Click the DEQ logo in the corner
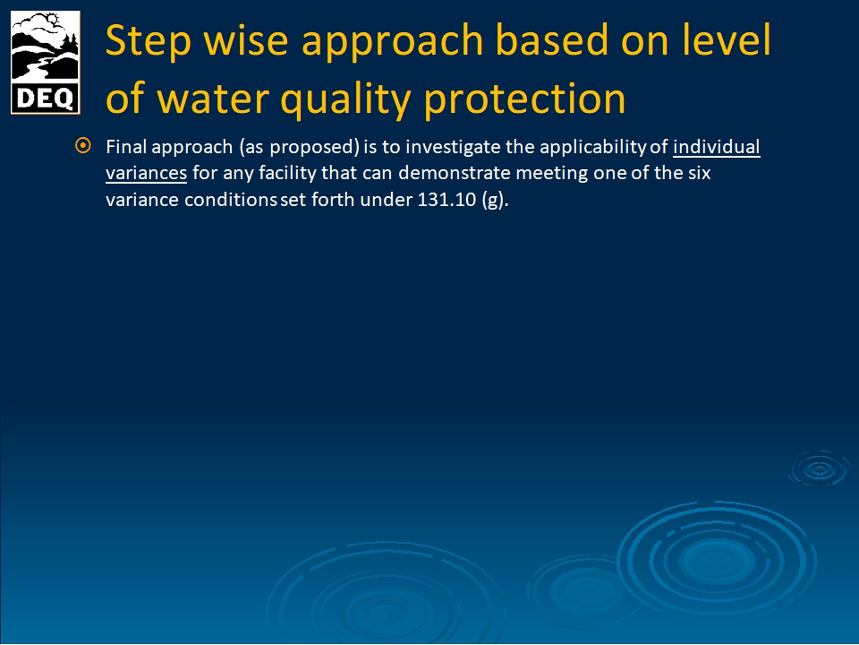coord(46,63)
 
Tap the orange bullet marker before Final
coord(82,146)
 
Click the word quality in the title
coord(345,99)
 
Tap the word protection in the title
coord(525,99)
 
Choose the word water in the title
coord(213,99)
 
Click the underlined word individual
coord(716,147)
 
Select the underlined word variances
coord(146,173)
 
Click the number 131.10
coord(447,200)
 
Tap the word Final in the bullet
coord(126,147)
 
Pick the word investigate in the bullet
coord(453,147)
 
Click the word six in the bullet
coord(699,173)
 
